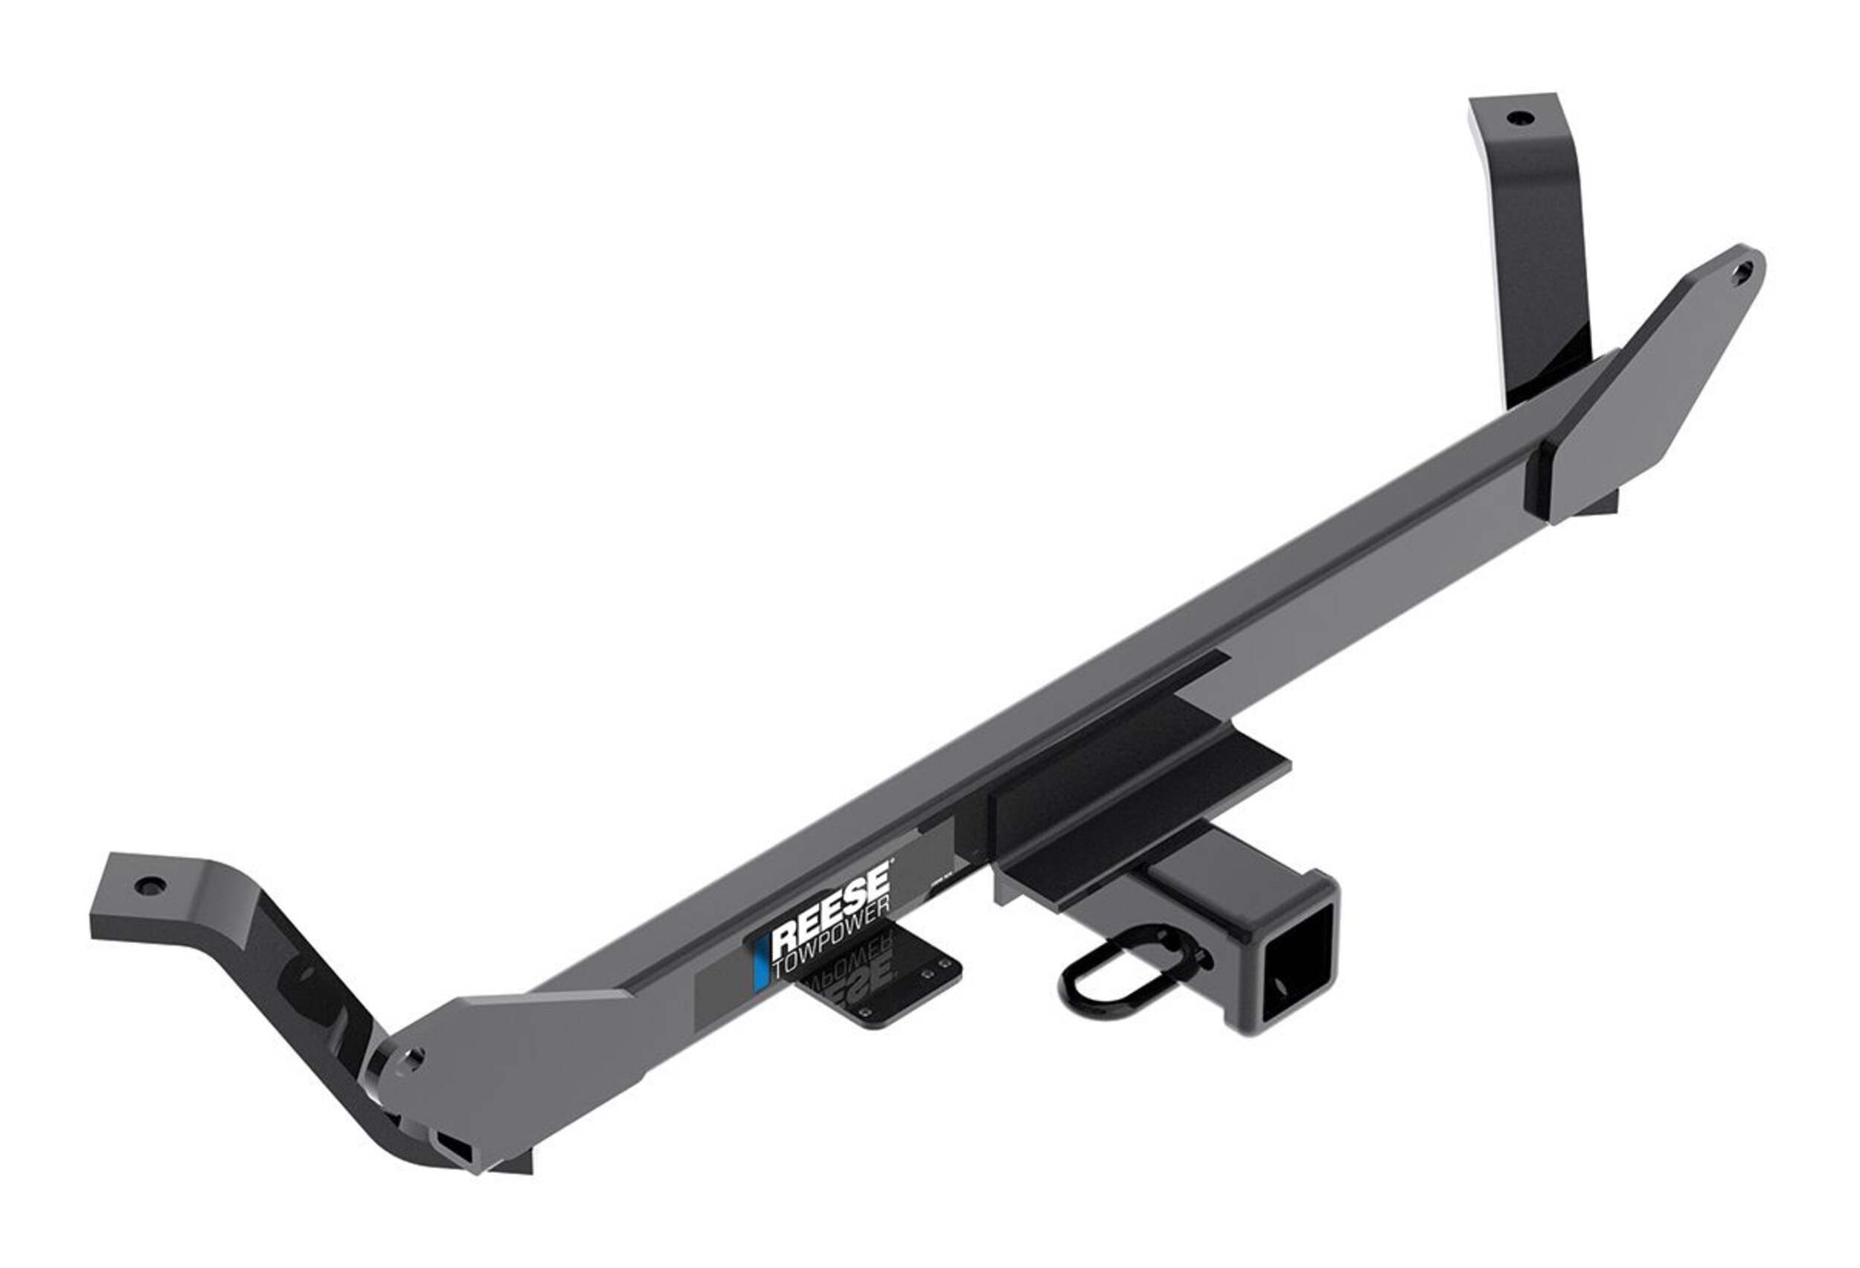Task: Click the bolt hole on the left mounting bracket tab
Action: tap(150, 887)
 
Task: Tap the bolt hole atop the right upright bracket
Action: tap(1514, 118)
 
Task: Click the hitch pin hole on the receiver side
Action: tap(1198, 951)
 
